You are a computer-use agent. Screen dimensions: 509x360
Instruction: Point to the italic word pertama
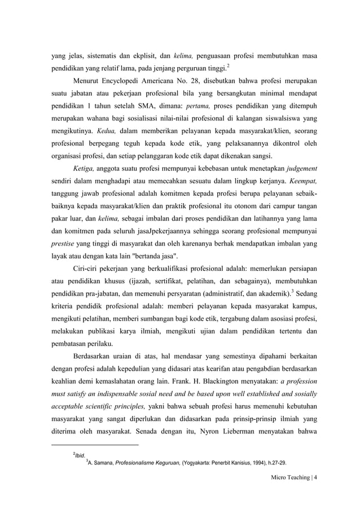click(195, 105)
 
